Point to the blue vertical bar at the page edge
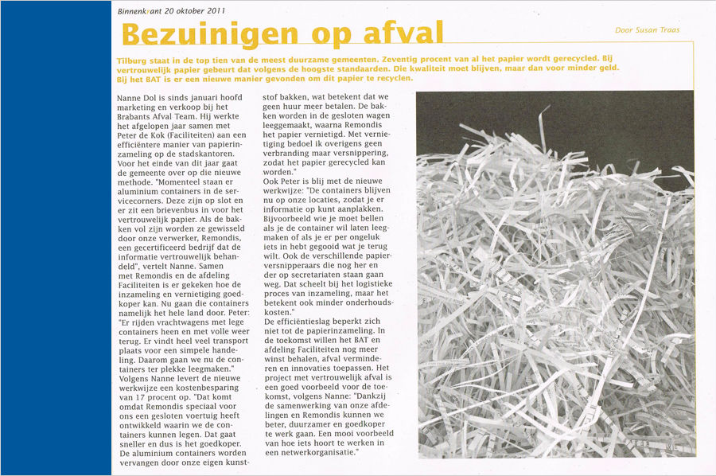pos(56,238)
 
